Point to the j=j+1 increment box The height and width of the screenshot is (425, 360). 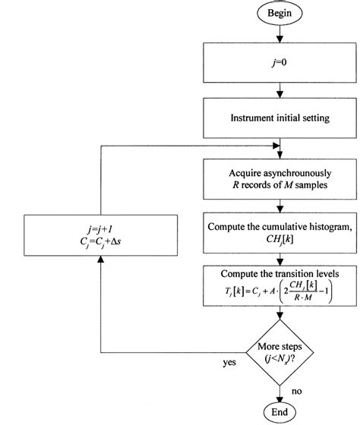[99, 235]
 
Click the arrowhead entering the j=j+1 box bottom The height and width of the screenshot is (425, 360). [99, 261]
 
